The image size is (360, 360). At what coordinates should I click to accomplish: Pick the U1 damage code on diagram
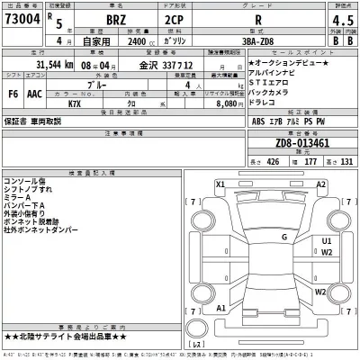(327, 241)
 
